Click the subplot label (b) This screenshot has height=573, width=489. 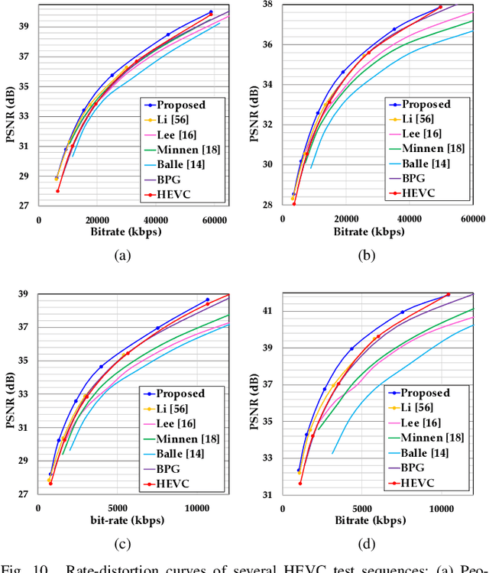tap(367, 257)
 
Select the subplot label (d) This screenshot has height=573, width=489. tap(367, 545)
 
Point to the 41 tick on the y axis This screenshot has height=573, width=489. tap(267, 311)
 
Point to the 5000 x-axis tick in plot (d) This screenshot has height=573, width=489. tap(362, 508)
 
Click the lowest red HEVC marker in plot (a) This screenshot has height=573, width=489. tap(57, 191)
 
